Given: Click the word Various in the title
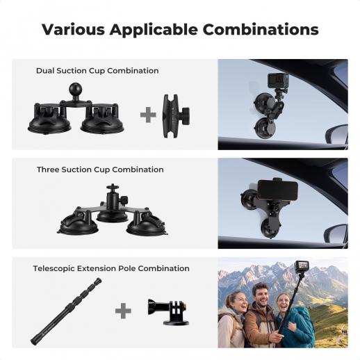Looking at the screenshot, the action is click(x=73, y=29).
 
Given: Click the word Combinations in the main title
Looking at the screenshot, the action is click(x=261, y=29).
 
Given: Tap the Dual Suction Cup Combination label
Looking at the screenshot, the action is click(x=97, y=71).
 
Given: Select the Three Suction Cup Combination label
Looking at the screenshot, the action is click(x=100, y=170).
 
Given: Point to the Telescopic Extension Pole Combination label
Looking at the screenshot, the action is click(x=111, y=268).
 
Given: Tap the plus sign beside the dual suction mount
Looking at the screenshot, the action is click(x=148, y=115).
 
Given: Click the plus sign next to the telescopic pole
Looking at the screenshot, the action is click(x=123, y=311).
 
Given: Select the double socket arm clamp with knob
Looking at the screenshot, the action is click(x=176, y=116).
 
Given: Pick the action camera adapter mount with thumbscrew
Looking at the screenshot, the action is click(x=169, y=312).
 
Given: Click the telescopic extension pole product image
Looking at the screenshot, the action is click(x=66, y=311).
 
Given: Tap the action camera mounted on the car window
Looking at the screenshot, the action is click(x=278, y=81).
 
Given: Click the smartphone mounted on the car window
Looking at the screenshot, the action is click(x=277, y=190).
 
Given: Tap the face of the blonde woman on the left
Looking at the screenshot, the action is click(x=237, y=302).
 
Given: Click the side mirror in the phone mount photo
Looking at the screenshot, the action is click(x=336, y=234).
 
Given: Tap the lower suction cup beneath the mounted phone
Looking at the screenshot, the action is click(x=269, y=227).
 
